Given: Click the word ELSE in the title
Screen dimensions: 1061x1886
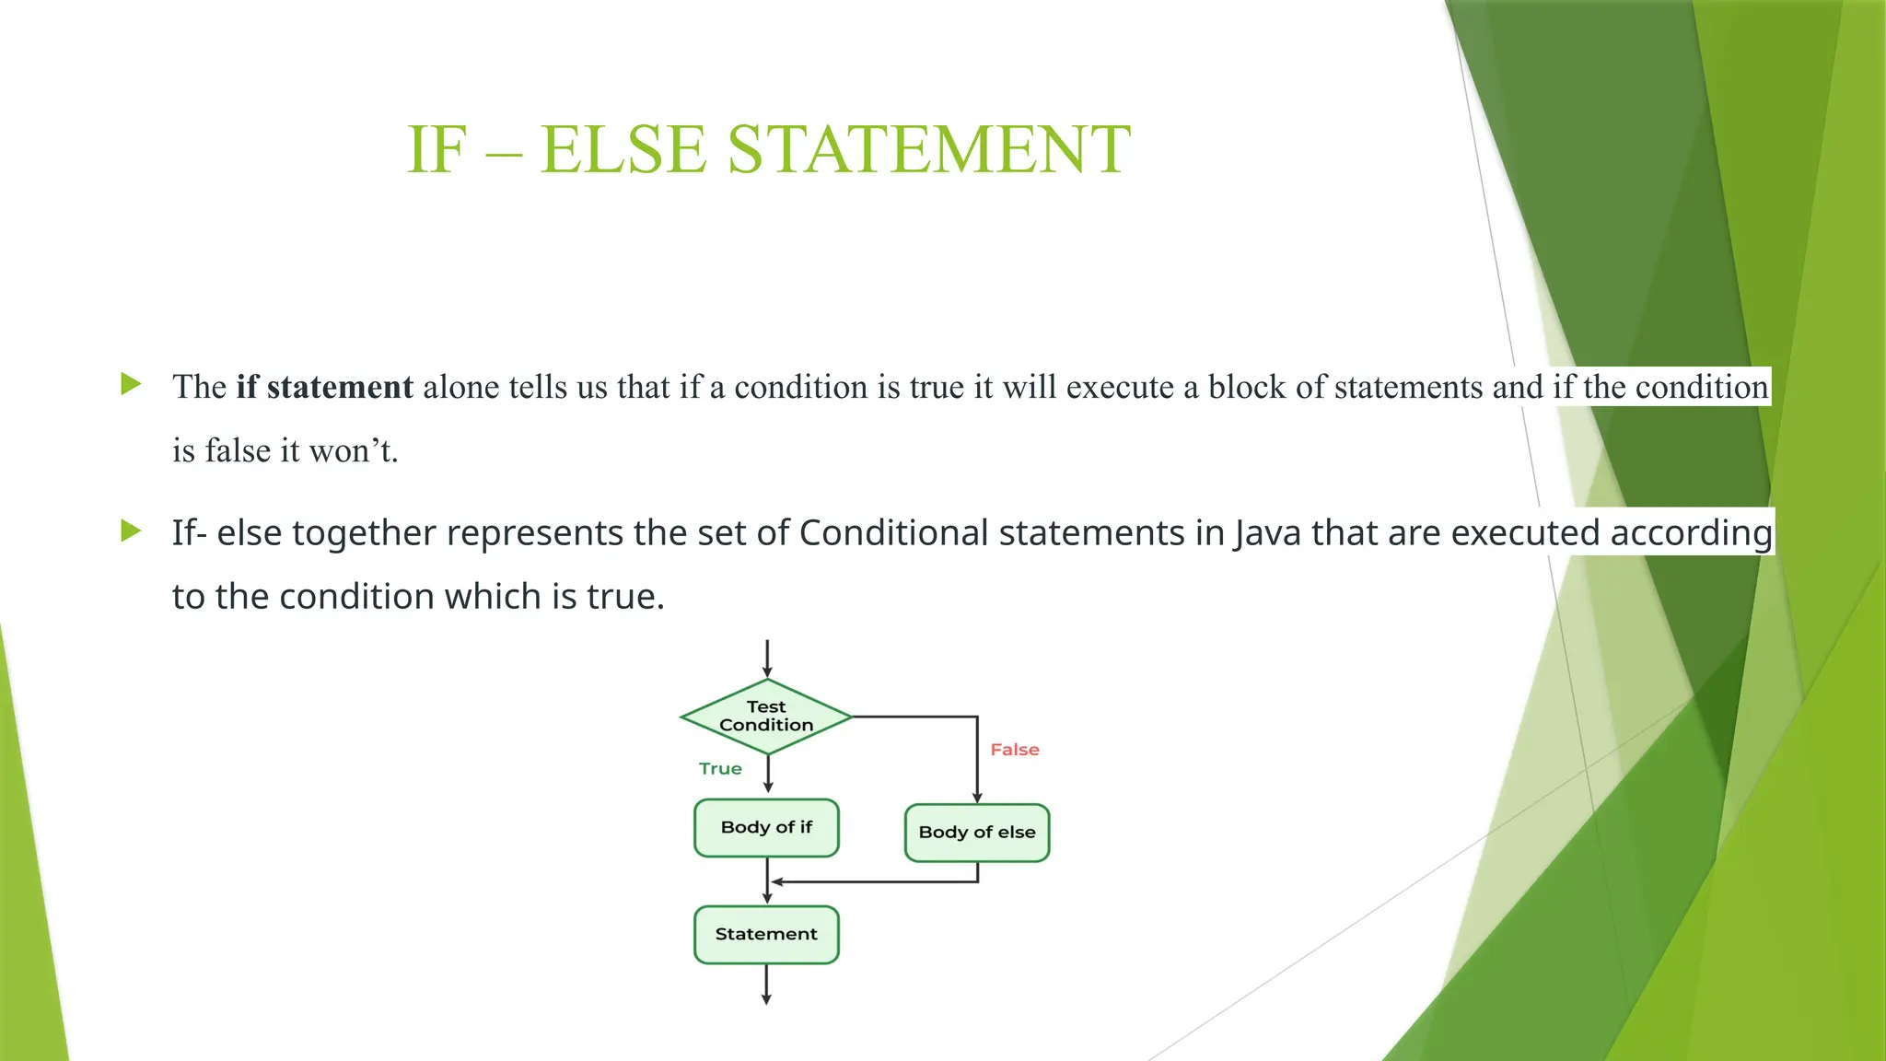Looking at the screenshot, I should [623, 149].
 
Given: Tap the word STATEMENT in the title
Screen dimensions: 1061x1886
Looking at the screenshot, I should [928, 149].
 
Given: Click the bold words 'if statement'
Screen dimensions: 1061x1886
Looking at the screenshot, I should [324, 387].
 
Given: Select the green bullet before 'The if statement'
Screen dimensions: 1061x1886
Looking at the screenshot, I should [131, 384].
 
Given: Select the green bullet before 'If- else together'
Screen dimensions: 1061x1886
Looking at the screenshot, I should [131, 530].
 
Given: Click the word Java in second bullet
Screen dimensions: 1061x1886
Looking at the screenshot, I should [1267, 533].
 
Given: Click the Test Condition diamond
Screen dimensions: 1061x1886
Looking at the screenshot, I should [766, 717].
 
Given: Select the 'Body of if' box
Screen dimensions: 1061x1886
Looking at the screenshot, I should [766, 827].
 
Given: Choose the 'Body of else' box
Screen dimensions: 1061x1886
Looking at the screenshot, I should [977, 833].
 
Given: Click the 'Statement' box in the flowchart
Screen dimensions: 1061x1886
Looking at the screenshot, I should [766, 934].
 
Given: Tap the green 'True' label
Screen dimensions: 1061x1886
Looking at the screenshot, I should [720, 769].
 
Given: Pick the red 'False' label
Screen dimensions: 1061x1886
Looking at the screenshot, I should [1014, 750].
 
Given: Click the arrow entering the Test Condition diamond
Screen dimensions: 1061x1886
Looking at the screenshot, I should [767, 659].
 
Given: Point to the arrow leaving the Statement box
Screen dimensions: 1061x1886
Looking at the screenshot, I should [766, 985].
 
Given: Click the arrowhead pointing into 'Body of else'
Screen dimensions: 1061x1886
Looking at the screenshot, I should [977, 797].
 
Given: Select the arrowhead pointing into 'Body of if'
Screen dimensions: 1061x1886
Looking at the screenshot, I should [768, 787].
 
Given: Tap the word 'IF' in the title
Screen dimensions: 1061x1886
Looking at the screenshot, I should [437, 149].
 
